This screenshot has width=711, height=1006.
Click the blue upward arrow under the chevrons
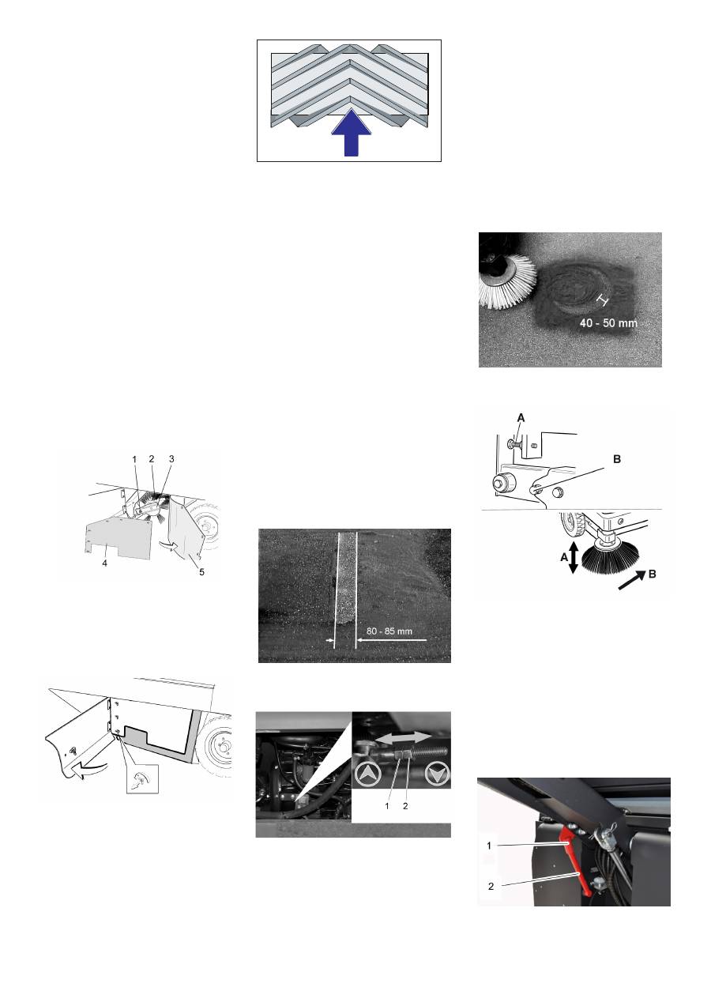coord(349,135)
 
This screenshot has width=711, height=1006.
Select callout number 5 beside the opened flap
coord(201,572)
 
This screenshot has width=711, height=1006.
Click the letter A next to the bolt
coord(521,417)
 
